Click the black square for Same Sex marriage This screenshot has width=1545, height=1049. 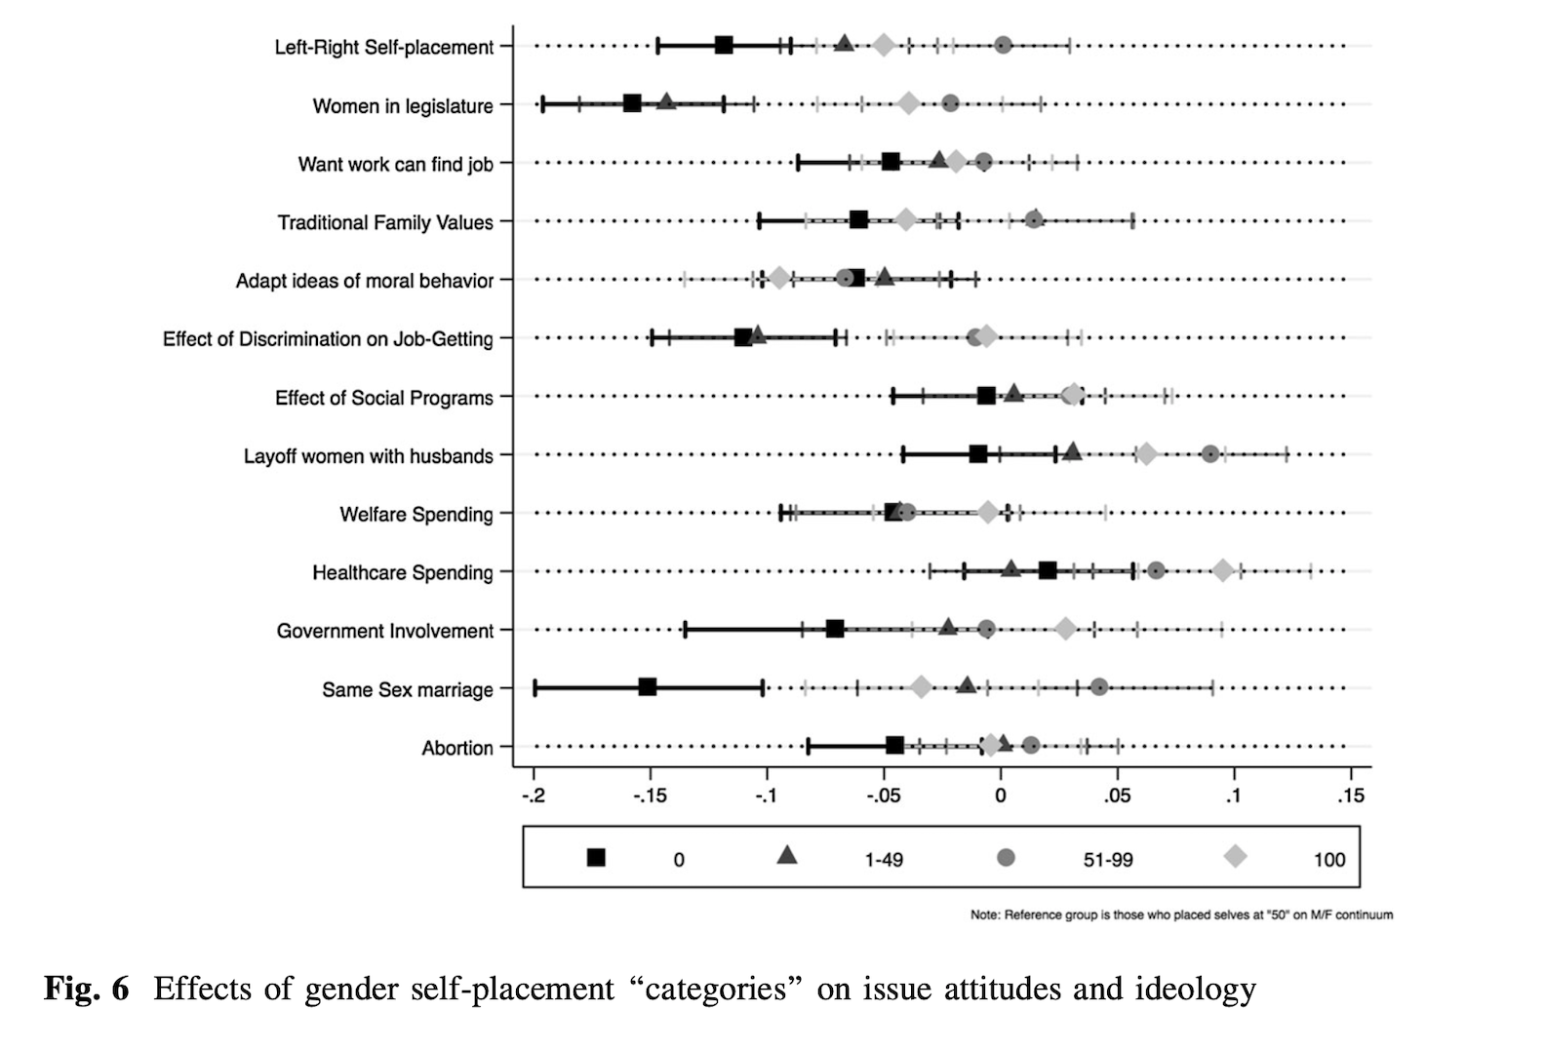pyautogui.click(x=647, y=687)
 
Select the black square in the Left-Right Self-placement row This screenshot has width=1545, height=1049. pyautogui.click(x=724, y=45)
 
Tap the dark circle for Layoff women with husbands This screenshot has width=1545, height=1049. pyautogui.click(x=1210, y=453)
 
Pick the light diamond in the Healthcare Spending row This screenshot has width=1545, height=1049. pyautogui.click(x=1223, y=570)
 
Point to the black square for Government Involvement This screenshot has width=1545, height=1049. pyautogui.click(x=835, y=629)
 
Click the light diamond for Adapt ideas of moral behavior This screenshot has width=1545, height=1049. pyautogui.click(x=778, y=279)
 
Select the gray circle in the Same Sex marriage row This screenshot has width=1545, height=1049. pyautogui.click(x=1099, y=687)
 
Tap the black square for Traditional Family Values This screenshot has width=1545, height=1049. pyautogui.click(x=858, y=220)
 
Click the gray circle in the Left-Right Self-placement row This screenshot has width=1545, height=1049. pyautogui.click(x=1003, y=45)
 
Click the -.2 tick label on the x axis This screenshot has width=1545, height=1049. pyautogui.click(x=533, y=796)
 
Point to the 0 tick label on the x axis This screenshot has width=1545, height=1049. pyautogui.click(x=1001, y=796)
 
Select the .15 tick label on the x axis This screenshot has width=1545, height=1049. pyautogui.click(x=1350, y=796)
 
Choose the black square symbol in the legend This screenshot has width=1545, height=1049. pyautogui.click(x=596, y=858)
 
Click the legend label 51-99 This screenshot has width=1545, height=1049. pyautogui.click(x=1108, y=860)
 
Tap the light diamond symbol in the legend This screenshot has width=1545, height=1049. pyautogui.click(x=1236, y=857)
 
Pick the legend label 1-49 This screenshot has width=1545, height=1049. pyautogui.click(x=884, y=860)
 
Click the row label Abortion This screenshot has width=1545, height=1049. pyautogui.click(x=457, y=748)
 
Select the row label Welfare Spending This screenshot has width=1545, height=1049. pyautogui.click(x=416, y=514)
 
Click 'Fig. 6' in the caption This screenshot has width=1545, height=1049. pyautogui.click(x=86, y=989)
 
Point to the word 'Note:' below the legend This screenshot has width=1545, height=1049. pyautogui.click(x=985, y=915)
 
